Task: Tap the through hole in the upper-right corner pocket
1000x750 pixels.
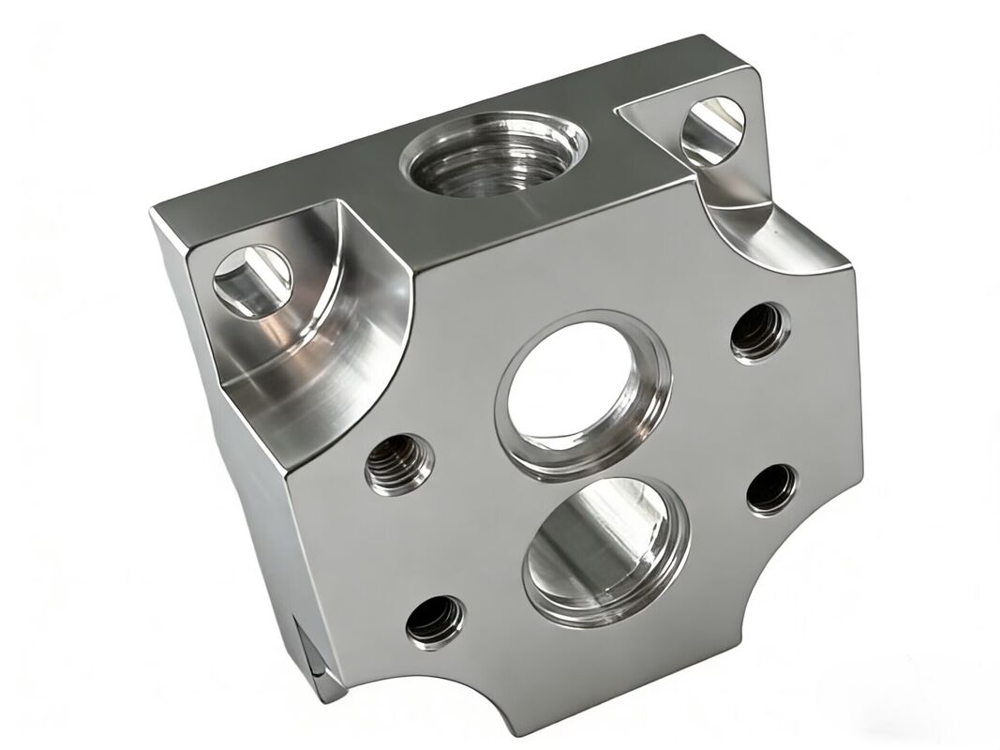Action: pos(712,130)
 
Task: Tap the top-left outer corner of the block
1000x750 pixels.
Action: pos(152,213)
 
